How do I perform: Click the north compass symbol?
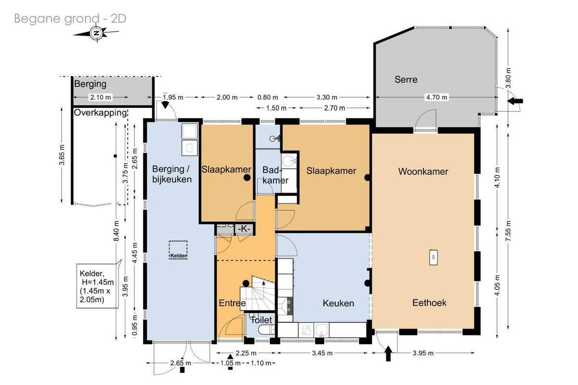97,33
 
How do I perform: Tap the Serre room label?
406,79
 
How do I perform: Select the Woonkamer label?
423,171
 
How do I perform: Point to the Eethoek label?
429,303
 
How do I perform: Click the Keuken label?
338,303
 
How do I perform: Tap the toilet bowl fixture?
266,330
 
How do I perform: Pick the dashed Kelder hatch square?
178,250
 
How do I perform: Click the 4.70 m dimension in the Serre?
436,97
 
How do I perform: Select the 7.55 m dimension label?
508,231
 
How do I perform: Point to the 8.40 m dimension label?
117,231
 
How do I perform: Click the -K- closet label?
244,229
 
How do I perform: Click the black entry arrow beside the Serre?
515,101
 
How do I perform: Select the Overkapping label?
100,113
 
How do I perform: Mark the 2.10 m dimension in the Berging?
100,97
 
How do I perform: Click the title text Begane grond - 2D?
70,19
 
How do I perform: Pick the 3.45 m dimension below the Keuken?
322,353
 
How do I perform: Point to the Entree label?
232,303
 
